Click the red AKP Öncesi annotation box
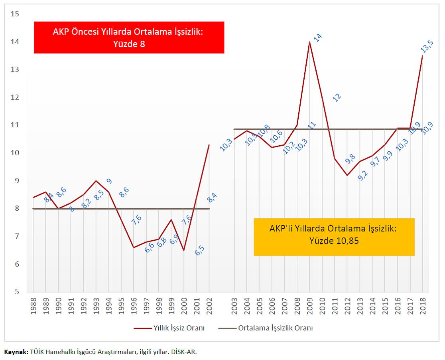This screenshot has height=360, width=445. tap(129, 38)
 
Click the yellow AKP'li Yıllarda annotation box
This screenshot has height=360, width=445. tap(334, 237)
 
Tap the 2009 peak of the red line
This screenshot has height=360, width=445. tap(309, 42)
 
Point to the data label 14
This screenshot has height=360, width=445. tap(317, 38)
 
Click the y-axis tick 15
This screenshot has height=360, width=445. tap(15, 14)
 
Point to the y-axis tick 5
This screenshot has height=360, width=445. tap(17, 292)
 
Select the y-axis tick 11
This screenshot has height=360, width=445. tap(15, 125)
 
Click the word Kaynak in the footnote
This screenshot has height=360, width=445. tap(16, 352)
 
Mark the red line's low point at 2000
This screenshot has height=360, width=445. tap(184, 250)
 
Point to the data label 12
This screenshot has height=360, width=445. tap(337, 97)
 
